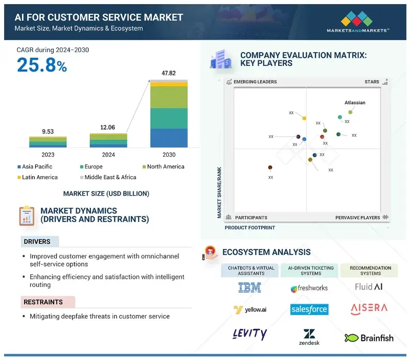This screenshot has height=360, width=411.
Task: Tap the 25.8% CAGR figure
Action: point(41,65)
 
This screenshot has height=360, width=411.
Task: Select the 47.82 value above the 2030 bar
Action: point(169,74)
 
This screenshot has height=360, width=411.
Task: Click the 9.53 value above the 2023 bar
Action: point(48,131)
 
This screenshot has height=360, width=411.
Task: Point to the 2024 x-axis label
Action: point(108,155)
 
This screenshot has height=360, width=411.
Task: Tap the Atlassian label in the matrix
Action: point(355,103)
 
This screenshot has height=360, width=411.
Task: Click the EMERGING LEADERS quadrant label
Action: point(255,82)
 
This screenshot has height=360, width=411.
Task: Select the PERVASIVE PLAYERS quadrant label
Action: point(357,218)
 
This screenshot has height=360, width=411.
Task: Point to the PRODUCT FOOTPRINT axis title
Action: point(250,228)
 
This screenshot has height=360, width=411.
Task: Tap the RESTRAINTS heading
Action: point(43,302)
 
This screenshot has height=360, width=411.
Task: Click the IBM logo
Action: point(249,288)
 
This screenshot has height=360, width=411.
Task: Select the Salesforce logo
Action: point(309,309)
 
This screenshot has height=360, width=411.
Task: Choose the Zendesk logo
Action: point(309,337)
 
